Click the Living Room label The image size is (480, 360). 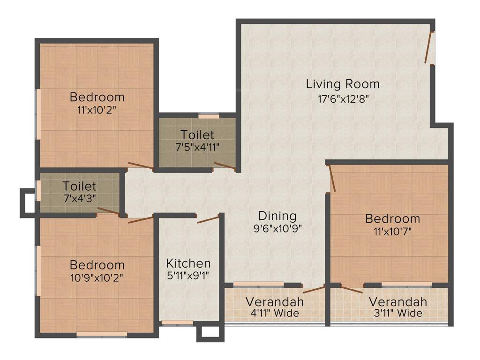point(342,84)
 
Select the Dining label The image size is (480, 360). point(277,216)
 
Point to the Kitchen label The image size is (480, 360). point(188,263)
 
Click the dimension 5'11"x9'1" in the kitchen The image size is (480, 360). point(188,275)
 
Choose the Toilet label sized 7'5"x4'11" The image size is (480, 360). point(197,135)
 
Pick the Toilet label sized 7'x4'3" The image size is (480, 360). point(80,187)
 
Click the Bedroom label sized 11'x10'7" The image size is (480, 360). point(393,219)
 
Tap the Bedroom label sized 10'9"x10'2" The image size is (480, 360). point(97,265)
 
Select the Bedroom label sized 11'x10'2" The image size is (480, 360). point(97,97)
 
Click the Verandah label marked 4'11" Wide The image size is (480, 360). point(275,301)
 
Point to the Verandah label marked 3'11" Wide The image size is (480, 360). point(397,301)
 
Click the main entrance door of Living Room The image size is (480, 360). point(429,48)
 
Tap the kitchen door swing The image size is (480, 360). point(208,219)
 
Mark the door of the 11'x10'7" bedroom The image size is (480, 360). point(332,178)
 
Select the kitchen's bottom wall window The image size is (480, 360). point(177,322)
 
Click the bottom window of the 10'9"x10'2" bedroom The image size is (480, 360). point(102,335)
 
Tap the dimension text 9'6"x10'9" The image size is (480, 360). point(277,229)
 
